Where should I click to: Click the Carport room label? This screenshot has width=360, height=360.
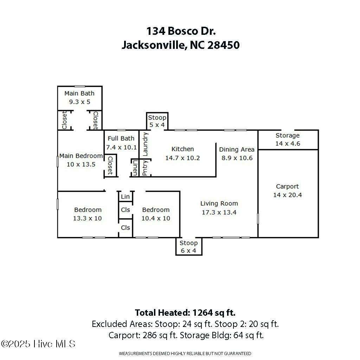(287, 186)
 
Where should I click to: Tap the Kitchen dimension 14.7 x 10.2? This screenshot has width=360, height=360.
(182, 158)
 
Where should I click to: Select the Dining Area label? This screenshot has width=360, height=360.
(237, 149)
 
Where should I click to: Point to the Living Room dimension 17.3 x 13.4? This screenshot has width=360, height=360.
(219, 212)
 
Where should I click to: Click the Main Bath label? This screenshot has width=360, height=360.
(79, 94)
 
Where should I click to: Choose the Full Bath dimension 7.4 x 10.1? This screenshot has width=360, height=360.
(121, 147)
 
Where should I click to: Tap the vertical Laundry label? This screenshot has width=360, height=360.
(145, 144)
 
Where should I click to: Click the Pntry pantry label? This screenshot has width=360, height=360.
(145, 168)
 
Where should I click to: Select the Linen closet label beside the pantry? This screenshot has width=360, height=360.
(135, 168)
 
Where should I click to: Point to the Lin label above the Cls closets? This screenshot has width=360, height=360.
(125, 197)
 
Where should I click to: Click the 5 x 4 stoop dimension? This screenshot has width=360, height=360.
(157, 125)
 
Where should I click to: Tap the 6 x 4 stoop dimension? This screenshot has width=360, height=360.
(188, 250)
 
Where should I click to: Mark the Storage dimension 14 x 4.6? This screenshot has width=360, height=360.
(288, 144)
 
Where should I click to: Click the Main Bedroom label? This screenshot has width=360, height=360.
(81, 156)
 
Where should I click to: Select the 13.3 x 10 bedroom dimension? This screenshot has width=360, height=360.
(88, 218)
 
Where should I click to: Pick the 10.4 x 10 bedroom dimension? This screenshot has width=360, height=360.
(156, 218)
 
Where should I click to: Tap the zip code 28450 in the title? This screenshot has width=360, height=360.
(224, 45)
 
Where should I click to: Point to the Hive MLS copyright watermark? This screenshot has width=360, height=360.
(38, 344)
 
